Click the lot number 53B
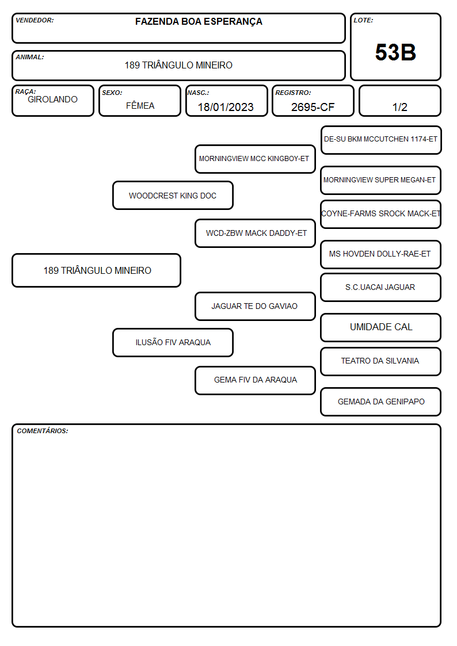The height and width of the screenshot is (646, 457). (395, 52)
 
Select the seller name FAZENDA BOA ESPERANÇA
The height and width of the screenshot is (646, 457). (199, 22)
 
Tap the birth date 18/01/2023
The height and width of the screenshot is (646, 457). (226, 107)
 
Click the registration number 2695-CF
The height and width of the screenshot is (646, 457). (313, 107)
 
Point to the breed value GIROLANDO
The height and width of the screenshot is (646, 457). (52, 100)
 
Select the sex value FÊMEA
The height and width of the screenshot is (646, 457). (140, 105)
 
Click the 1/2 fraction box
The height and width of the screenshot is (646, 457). (399, 101)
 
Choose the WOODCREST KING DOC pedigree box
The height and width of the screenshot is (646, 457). (173, 195)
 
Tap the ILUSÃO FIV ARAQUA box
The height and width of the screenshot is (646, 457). (173, 342)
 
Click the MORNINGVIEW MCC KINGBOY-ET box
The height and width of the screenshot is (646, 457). (255, 159)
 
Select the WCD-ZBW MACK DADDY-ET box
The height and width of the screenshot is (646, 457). (255, 233)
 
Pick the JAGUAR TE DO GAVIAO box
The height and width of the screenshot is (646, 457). (255, 306)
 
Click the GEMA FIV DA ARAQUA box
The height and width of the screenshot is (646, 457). (255, 380)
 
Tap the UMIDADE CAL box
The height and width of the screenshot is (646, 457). (381, 327)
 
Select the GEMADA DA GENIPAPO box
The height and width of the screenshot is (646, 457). (381, 402)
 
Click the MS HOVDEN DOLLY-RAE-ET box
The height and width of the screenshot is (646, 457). (381, 254)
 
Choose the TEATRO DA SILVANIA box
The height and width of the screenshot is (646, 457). (381, 361)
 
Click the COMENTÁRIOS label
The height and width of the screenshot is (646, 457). (43, 431)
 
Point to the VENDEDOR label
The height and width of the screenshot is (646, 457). (35, 20)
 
